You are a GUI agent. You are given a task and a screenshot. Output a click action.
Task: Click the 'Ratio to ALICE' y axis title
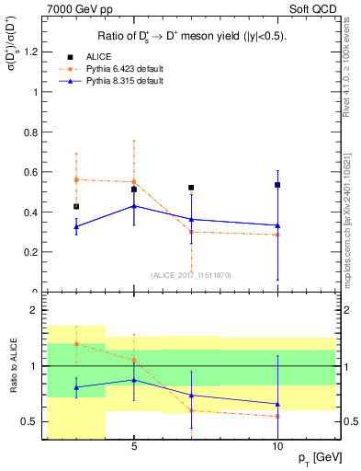(x=14, y=366)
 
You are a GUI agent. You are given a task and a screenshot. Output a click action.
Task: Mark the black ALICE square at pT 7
(x=191, y=188)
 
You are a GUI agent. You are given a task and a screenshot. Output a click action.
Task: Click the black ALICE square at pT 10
(x=277, y=185)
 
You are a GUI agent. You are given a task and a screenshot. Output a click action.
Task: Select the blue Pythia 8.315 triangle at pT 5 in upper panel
(x=134, y=206)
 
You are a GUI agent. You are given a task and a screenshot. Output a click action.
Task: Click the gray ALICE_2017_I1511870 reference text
(x=190, y=275)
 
